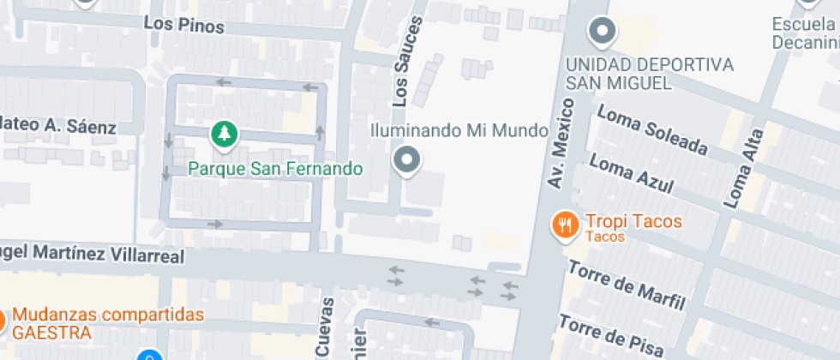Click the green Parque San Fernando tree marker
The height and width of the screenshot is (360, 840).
[x=224, y=134]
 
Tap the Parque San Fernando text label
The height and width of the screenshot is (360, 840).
[x=275, y=168]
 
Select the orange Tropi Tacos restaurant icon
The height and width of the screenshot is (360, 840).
[x=563, y=225]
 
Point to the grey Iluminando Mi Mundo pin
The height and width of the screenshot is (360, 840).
[x=406, y=159]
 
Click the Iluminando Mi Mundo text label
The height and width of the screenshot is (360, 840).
[x=459, y=131]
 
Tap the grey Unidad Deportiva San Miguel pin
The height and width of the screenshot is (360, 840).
[x=603, y=32]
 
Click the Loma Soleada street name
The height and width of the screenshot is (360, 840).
[x=652, y=130]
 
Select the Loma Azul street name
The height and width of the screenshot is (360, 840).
[x=631, y=174]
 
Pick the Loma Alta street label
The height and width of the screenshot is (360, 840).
[x=744, y=169]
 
